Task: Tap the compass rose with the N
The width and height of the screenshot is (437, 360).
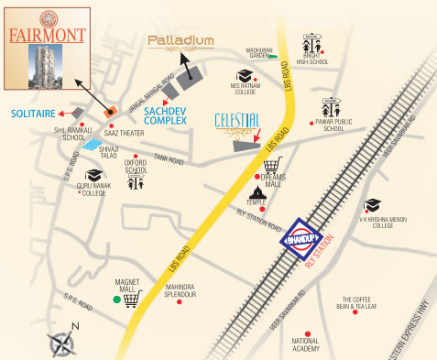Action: coord(64,343)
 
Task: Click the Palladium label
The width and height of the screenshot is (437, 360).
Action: coord(182,41)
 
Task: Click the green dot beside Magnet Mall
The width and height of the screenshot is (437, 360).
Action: coord(115,300)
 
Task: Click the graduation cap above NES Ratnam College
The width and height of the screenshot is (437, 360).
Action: coord(246,76)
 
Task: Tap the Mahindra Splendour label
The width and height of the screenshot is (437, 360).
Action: coord(180,291)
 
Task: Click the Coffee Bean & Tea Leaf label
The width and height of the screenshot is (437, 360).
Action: coord(361,304)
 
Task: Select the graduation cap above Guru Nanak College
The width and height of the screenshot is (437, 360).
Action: coord(93,174)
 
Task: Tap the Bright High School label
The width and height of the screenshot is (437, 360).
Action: coord(312,61)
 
